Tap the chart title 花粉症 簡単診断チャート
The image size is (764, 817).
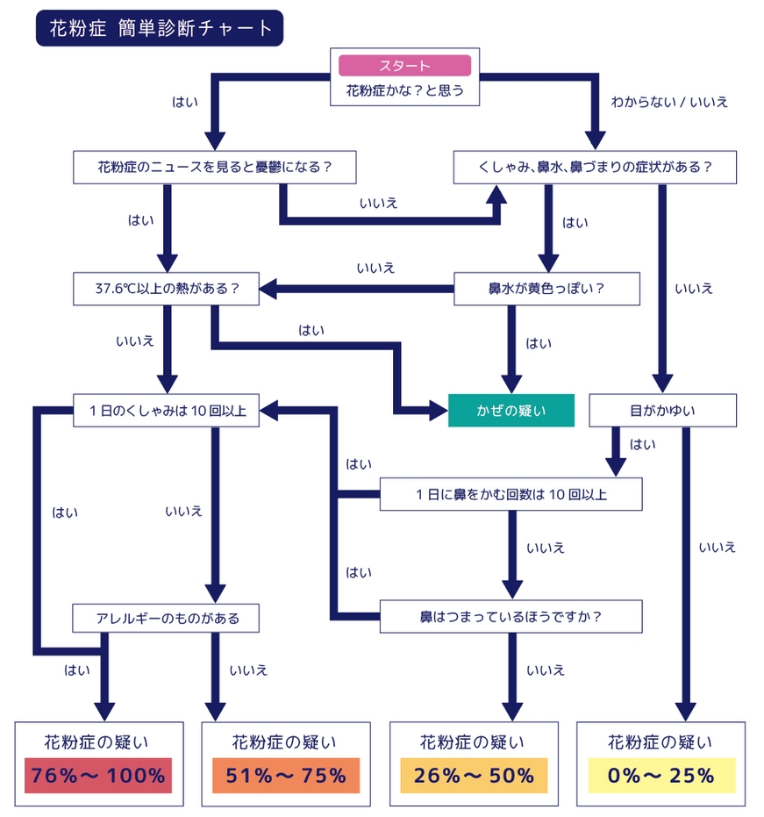(159, 28)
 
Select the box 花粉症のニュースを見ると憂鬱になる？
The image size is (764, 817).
(214, 167)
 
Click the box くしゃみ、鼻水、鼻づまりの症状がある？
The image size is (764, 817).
(594, 167)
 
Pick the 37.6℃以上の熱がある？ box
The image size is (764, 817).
(166, 288)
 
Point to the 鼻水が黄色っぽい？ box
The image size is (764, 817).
(546, 288)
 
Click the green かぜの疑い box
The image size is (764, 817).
(511, 410)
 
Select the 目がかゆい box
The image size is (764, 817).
(661, 410)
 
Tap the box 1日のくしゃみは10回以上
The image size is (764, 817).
(166, 410)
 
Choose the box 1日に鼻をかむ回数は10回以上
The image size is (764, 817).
(511, 494)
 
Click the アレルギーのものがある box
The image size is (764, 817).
(167, 618)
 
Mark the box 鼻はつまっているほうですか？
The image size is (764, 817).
(511, 616)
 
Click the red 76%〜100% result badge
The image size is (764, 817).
(98, 776)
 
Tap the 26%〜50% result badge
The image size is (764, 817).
(474, 776)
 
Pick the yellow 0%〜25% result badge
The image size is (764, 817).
(661, 776)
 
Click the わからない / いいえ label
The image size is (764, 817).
(669, 102)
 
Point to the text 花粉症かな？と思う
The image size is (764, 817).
(404, 90)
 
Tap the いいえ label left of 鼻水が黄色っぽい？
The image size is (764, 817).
(375, 267)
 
